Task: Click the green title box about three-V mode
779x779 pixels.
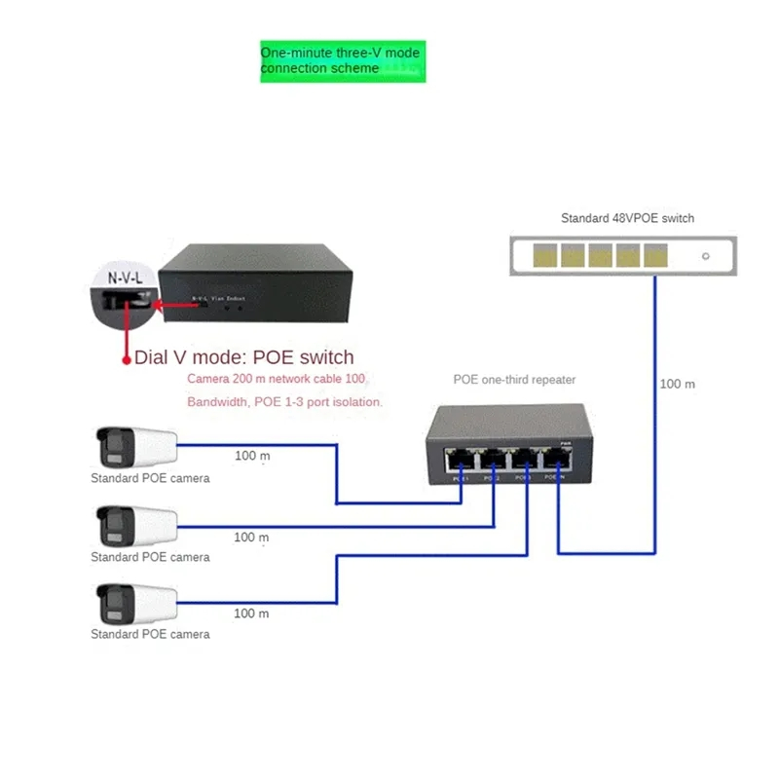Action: click(x=343, y=61)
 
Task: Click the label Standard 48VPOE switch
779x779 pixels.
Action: click(x=627, y=218)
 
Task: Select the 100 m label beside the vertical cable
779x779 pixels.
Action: click(x=678, y=384)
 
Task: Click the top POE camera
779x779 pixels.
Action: click(x=135, y=447)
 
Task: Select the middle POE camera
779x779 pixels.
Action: click(x=135, y=526)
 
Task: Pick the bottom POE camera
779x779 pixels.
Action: click(x=135, y=604)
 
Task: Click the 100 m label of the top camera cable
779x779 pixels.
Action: click(x=251, y=456)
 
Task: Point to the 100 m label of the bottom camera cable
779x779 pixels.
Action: click(x=251, y=613)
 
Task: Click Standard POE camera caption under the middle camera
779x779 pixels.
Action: click(x=150, y=557)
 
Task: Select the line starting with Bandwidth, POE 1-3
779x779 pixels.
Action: click(x=285, y=401)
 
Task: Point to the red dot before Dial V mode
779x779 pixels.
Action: click(x=126, y=359)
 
